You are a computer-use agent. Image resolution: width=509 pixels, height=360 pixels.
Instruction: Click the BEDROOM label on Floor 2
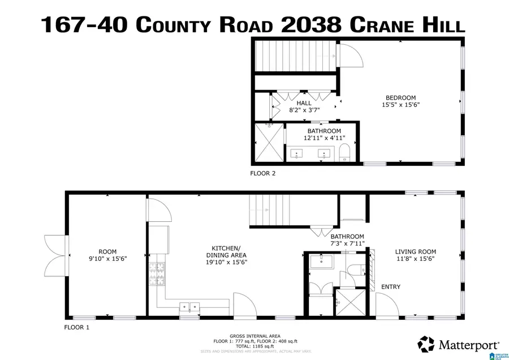tap(400, 97)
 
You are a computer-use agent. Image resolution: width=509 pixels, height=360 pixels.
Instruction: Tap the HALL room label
tap(304, 103)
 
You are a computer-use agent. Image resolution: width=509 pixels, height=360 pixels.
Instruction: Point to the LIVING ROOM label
tap(415, 252)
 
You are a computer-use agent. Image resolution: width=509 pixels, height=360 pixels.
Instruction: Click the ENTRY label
tap(390, 287)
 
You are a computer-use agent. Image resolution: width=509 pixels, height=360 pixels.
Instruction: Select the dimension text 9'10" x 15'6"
tap(107, 259)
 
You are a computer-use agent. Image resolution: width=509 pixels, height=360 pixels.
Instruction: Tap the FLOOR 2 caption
tap(263, 174)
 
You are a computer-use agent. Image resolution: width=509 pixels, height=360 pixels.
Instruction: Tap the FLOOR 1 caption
tap(76, 327)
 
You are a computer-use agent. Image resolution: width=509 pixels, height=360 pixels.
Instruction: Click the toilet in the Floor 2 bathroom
tap(345, 152)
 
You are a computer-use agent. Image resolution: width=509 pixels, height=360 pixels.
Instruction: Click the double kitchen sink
tap(189, 307)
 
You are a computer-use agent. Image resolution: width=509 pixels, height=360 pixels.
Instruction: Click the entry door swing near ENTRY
tap(387, 305)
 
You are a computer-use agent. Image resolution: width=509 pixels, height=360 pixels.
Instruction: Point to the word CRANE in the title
tap(381, 24)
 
